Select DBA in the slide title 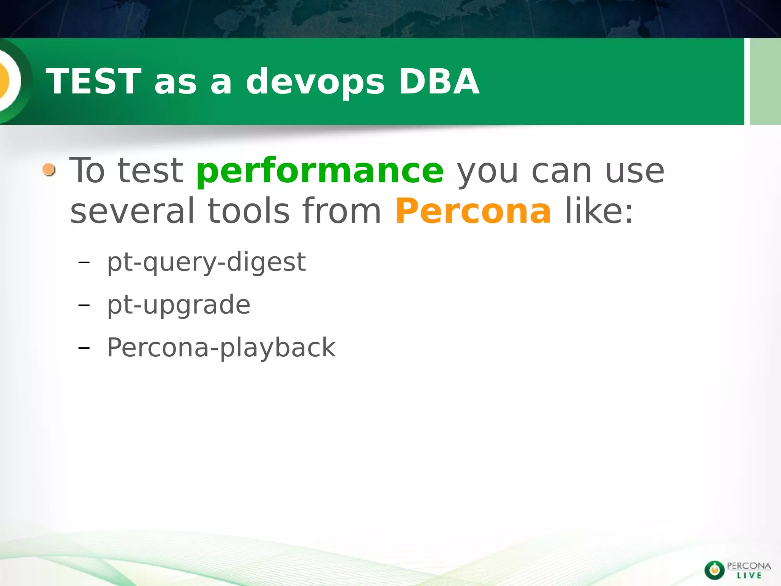tap(439, 81)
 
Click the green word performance tap(320, 171)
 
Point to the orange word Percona tap(473, 211)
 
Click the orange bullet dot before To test tap(49, 169)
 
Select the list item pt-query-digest tap(206, 262)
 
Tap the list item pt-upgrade tap(178, 305)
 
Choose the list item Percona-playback tap(221, 348)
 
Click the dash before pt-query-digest tap(84, 262)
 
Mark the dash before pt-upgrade tap(84, 305)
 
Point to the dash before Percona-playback tap(84, 348)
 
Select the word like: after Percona tap(599, 211)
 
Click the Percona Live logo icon tap(714, 570)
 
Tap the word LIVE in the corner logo tap(749, 575)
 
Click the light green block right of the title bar tap(765, 81)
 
